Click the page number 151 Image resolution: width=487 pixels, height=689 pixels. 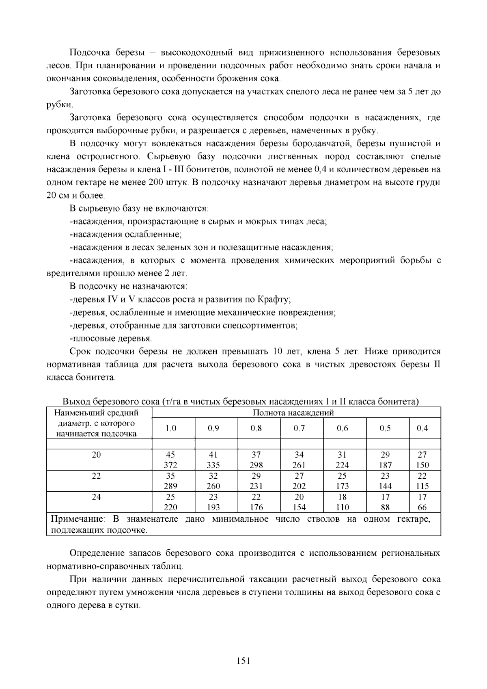pos(243,661)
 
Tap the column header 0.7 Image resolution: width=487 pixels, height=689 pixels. pos(299,428)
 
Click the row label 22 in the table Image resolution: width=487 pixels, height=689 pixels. pos(96,476)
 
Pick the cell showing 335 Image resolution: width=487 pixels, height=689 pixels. pos(213,465)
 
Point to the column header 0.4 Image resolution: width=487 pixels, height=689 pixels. pos(422,428)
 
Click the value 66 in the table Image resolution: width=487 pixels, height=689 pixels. pos(422,508)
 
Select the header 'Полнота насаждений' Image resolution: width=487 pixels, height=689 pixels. pos(293,413)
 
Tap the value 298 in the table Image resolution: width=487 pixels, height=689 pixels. pos(256,465)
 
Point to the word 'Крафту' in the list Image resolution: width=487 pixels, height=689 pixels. pos(274,300)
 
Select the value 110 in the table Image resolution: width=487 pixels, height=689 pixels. pos(343,508)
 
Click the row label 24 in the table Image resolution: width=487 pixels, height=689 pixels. pos(96,497)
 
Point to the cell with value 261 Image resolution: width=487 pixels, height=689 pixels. pos(299,465)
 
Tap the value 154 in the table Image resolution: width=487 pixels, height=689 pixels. pos(299,508)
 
